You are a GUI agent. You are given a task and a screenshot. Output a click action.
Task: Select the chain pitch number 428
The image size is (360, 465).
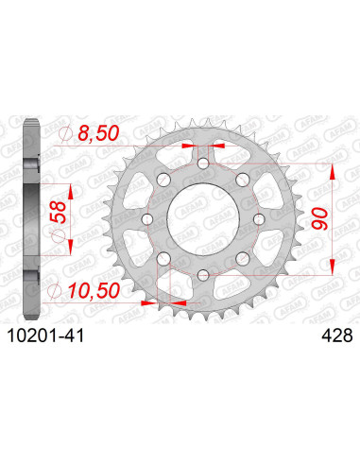point(329,333)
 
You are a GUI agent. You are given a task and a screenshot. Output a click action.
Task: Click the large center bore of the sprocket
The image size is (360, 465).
point(203,219)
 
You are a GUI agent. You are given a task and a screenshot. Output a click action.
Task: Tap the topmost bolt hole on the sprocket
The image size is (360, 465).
point(203,164)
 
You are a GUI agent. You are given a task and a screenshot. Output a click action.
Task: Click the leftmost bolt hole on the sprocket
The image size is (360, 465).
point(148,219)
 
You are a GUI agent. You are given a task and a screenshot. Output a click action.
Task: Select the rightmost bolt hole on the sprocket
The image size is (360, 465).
point(258,219)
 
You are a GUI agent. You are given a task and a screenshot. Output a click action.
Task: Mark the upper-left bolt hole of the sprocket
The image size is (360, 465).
point(164,181)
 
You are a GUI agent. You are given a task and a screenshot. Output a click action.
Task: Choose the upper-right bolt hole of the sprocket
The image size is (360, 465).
point(242,181)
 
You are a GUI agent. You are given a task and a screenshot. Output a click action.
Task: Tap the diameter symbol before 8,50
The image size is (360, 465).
point(65,135)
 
